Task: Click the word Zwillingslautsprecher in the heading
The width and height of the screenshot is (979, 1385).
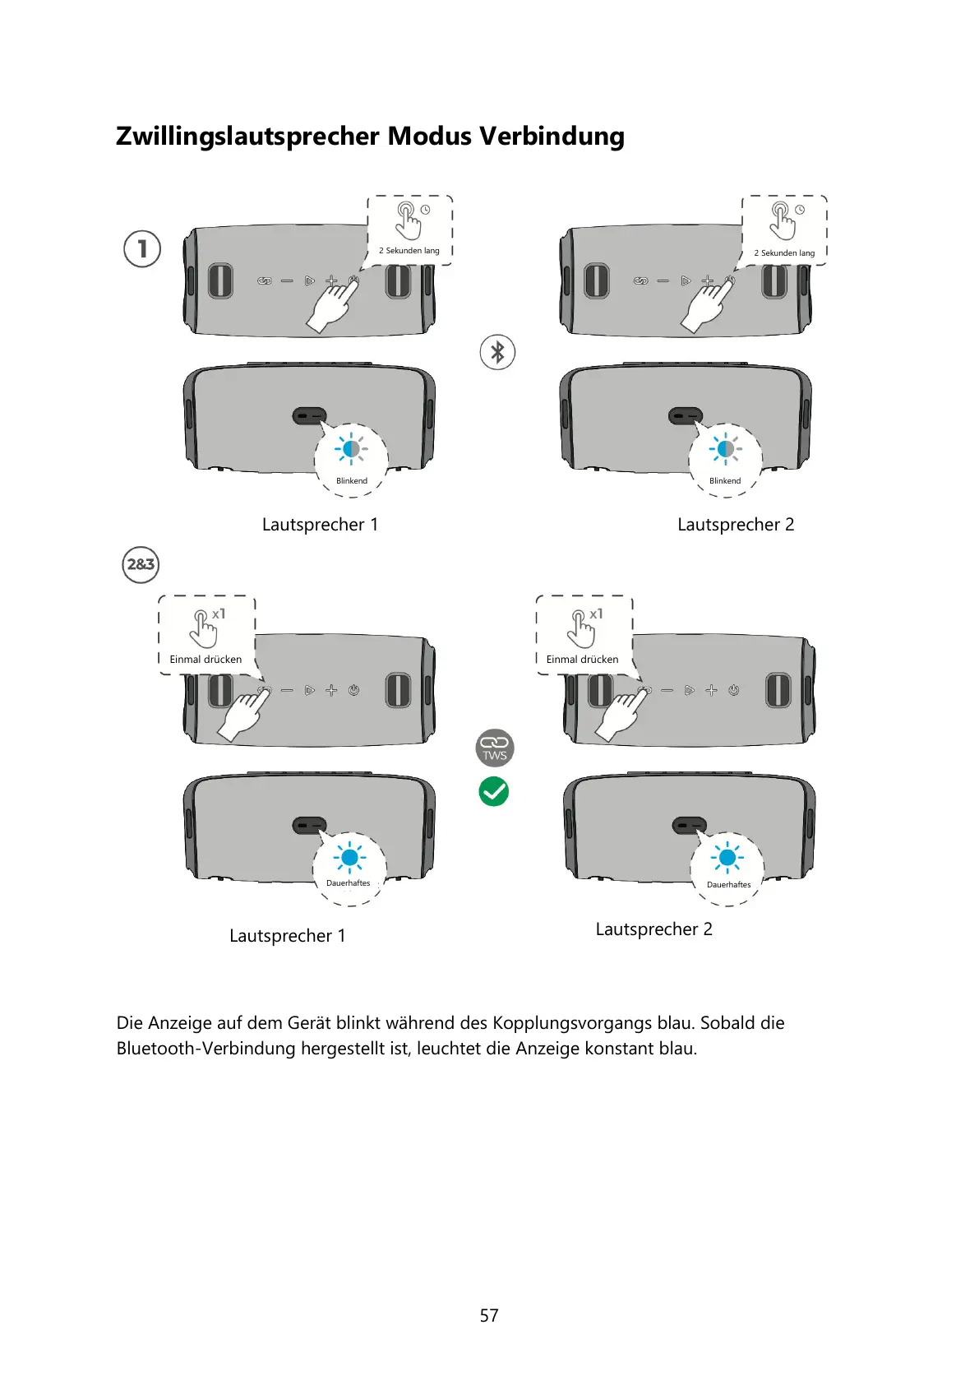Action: click(247, 136)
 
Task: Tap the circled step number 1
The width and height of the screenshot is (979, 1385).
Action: click(142, 248)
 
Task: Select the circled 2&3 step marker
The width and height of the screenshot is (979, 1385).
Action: click(141, 565)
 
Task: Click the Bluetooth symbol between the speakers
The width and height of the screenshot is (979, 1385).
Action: click(497, 352)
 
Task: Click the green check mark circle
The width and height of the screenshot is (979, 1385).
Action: click(494, 791)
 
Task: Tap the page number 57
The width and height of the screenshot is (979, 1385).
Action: click(489, 1315)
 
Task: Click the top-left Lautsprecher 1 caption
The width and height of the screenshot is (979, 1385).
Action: click(320, 525)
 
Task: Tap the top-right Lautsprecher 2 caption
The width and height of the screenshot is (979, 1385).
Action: click(736, 525)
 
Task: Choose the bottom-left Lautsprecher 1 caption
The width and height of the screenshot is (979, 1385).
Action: click(287, 936)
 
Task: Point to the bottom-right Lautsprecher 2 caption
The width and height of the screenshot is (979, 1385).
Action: click(653, 929)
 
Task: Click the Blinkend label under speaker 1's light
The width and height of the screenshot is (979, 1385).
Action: click(352, 481)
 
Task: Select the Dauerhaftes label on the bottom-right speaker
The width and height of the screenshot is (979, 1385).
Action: click(729, 885)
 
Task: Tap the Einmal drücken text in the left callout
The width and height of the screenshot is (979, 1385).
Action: click(205, 660)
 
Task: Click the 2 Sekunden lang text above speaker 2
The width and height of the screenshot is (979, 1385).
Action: click(784, 253)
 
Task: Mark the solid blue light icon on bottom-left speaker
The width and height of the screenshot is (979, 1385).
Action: click(350, 858)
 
